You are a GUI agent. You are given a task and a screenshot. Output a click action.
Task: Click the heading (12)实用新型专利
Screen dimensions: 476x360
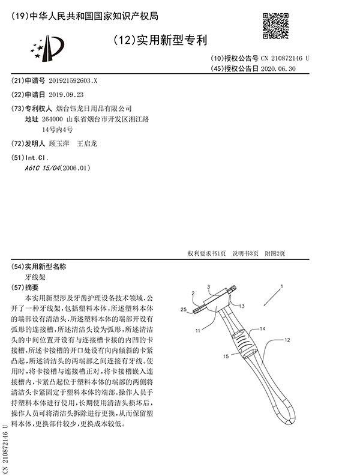click(160, 41)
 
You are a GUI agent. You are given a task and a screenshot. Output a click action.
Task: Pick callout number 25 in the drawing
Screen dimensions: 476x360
click(185, 309)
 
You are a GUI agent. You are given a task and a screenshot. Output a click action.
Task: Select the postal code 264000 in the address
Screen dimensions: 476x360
click(52, 119)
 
